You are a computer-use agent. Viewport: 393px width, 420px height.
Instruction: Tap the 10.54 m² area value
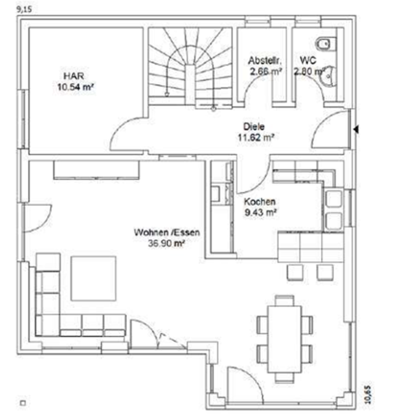76,85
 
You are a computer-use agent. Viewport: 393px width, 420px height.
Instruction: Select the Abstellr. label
265,60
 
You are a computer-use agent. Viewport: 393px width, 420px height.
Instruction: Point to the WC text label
307,60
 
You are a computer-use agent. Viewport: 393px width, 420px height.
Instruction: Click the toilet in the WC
324,44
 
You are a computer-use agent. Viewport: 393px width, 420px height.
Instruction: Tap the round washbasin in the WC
329,76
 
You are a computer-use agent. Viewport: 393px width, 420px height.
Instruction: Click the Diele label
254,127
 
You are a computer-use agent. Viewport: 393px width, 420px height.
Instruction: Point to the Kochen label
260,201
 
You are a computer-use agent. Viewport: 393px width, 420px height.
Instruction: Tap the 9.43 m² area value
260,211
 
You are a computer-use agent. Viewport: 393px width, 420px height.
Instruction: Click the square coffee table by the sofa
93,278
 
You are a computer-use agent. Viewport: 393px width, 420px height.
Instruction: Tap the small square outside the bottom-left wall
23,403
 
